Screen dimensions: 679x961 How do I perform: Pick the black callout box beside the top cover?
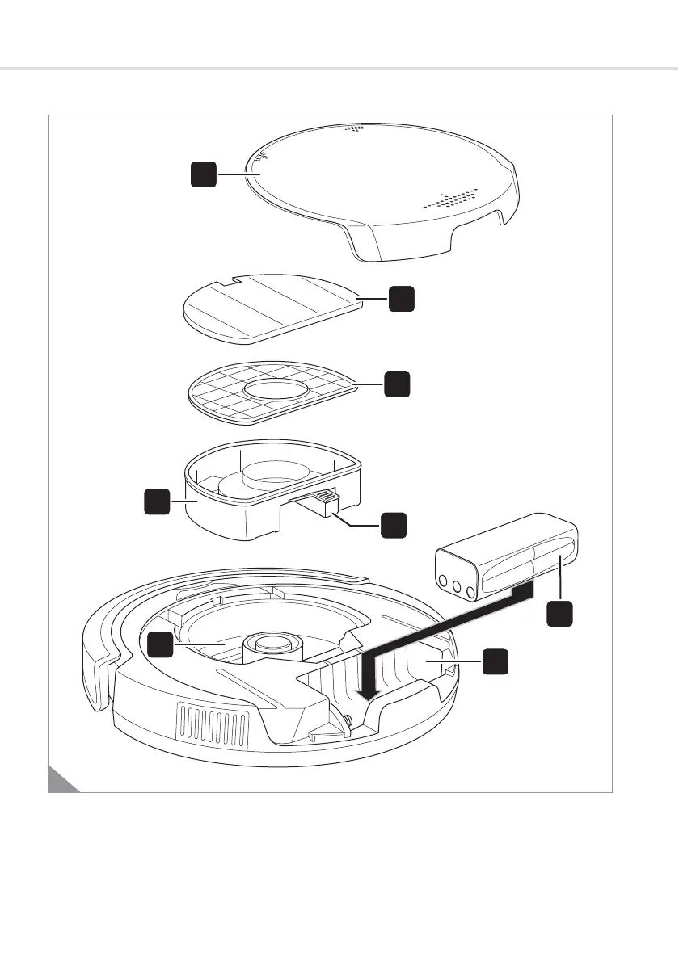click(x=204, y=174)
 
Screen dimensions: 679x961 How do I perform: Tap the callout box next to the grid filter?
click(x=396, y=384)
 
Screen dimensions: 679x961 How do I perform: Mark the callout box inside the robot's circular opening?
click(x=160, y=644)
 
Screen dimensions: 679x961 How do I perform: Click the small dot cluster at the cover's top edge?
click(x=352, y=128)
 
